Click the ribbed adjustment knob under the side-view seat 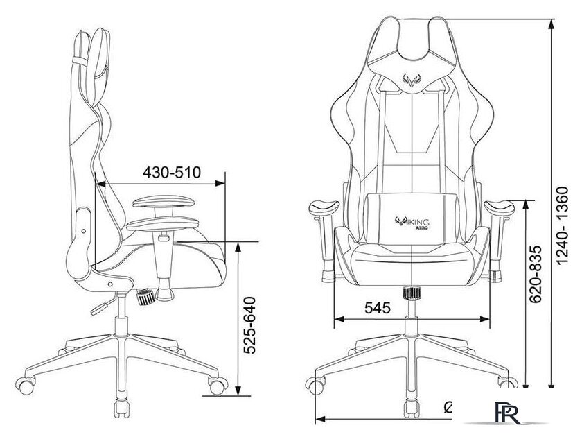click(x=146, y=297)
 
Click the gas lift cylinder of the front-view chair click(x=412, y=316)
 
